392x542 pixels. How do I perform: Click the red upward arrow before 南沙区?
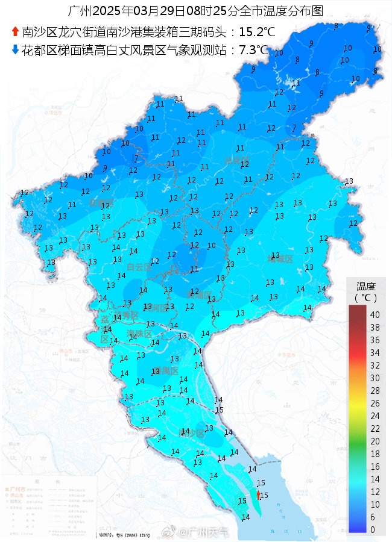click(x=15, y=32)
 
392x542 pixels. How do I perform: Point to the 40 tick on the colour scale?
click(x=375, y=315)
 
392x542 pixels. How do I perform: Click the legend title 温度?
click(x=366, y=286)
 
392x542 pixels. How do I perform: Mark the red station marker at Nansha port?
click(x=258, y=494)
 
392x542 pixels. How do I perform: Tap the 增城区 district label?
click(x=280, y=260)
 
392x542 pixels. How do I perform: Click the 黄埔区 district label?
click(x=199, y=296)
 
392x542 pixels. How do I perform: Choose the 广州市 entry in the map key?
click(x=17, y=488)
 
